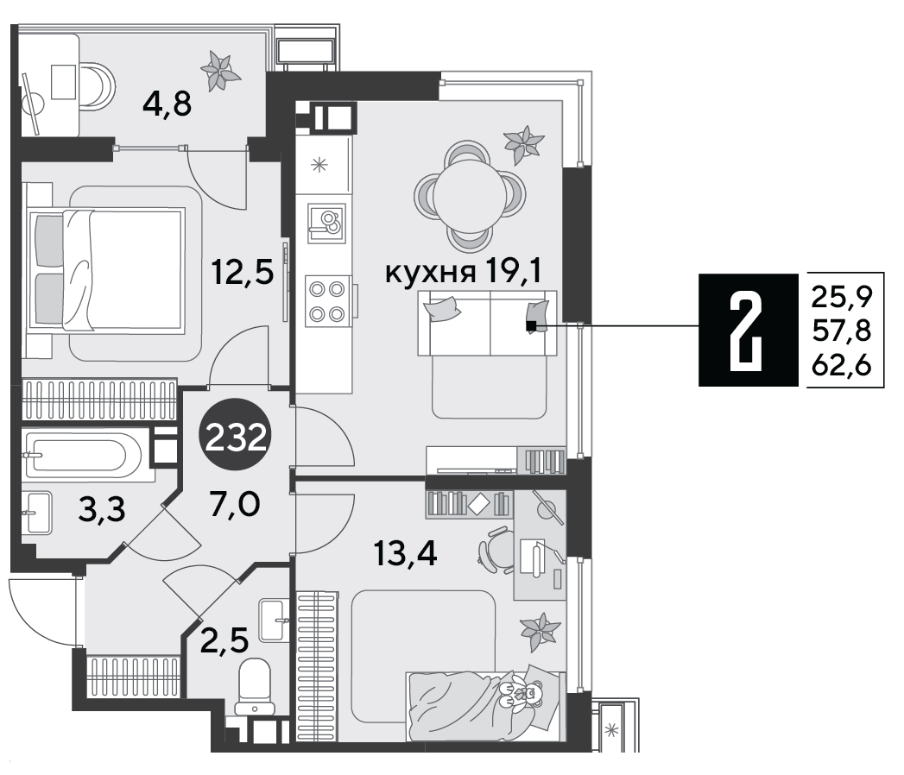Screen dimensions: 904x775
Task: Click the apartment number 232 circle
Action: [x=237, y=437]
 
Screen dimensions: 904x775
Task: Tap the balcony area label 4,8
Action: [x=168, y=105]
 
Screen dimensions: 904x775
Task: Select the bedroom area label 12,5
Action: [x=242, y=272]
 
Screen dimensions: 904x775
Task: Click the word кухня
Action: [x=430, y=273]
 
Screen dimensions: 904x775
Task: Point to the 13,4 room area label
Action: [x=405, y=554]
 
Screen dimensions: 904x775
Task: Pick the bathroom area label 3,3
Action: [x=102, y=509]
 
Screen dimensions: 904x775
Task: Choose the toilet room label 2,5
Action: [x=224, y=640]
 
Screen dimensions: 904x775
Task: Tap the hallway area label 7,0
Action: [x=236, y=504]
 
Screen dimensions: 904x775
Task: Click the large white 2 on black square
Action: [x=747, y=330]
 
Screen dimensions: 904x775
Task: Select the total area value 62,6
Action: [x=841, y=365]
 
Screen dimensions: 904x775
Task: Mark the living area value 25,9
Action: [x=842, y=297]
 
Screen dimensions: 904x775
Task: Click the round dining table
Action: [x=470, y=196]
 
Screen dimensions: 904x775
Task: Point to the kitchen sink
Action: [x=326, y=224]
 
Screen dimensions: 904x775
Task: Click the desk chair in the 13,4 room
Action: [x=496, y=550]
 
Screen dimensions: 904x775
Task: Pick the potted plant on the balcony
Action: [x=219, y=70]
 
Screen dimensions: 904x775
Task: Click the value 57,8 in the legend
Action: [x=841, y=331]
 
